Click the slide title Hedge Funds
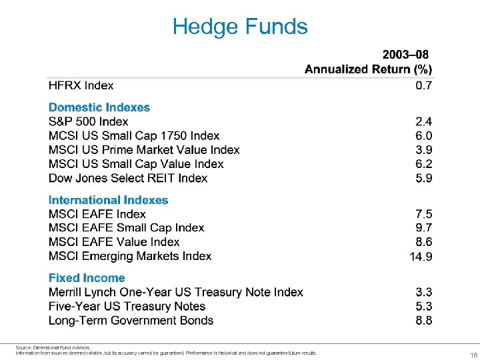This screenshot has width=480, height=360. point(240,27)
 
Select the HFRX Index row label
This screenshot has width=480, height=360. point(81,85)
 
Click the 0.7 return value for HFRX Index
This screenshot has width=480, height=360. point(423,85)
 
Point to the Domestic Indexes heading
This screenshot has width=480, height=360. point(99,107)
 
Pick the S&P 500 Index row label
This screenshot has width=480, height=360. point(88,121)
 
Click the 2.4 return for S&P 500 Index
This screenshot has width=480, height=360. point(423,121)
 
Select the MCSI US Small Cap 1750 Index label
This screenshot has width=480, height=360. point(134,136)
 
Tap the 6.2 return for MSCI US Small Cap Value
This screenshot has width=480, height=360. point(423,164)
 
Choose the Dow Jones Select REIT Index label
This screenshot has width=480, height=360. point(128,178)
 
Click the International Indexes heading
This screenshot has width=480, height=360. point(108,200)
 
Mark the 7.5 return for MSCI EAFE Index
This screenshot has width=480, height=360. point(423,214)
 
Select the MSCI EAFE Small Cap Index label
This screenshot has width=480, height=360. point(126,228)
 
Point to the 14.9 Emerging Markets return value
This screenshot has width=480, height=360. point(421,257)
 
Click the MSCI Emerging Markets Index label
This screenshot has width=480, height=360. point(130,256)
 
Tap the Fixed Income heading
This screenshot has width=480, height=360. point(87,278)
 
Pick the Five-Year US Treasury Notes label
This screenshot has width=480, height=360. point(127,307)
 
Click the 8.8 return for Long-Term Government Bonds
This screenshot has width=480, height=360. point(423,321)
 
